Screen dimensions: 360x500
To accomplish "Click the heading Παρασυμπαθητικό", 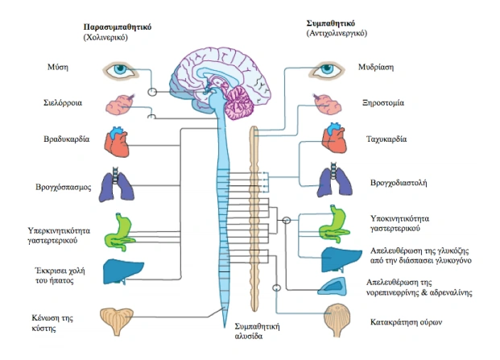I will point(118,27).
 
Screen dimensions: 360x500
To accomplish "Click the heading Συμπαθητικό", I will point(336,23).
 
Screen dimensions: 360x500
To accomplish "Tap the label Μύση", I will point(79,68).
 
